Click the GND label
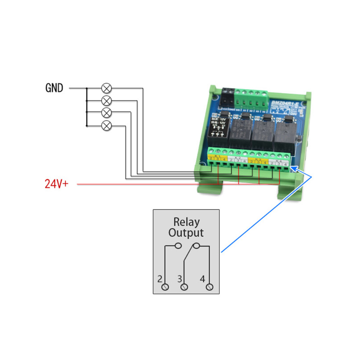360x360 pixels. pyautogui.click(x=54, y=88)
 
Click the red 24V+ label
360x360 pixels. pyautogui.click(x=56, y=184)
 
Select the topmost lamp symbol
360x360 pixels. pyautogui.click(x=107, y=88)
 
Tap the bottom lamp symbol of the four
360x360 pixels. pyautogui.click(x=107, y=125)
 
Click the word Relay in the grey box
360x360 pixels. pyautogui.click(x=186, y=222)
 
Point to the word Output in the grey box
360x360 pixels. pyautogui.click(x=186, y=233)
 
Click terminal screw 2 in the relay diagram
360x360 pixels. pyautogui.click(x=165, y=287)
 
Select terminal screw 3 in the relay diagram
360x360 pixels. pyautogui.click(x=183, y=287)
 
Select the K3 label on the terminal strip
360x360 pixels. pyautogui.click(x=258, y=159)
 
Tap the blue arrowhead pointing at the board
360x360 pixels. pyautogui.click(x=293, y=168)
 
